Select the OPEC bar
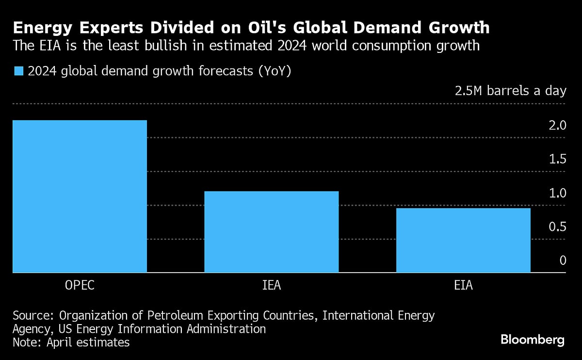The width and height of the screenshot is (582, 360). [x=80, y=196]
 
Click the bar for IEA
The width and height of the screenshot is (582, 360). [x=271, y=231]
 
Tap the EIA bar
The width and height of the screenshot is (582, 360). [x=463, y=240]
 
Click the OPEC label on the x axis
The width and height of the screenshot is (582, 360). [x=80, y=285]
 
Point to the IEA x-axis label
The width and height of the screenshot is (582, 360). [x=271, y=285]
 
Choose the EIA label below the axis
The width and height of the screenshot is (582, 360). [x=463, y=285]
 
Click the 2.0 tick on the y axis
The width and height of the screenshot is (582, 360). [x=556, y=126]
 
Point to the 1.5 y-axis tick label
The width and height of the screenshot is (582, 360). [x=556, y=160]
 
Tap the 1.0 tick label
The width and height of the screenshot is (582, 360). [x=556, y=193]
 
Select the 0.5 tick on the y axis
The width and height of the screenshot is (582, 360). [x=556, y=227]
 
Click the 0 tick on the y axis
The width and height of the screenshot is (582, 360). [x=563, y=261]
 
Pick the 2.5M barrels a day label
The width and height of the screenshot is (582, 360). [x=510, y=91]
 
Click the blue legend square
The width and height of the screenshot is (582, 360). [x=18, y=71]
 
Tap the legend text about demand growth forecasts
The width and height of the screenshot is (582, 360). [x=159, y=71]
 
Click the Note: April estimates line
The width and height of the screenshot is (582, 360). [x=71, y=342]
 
